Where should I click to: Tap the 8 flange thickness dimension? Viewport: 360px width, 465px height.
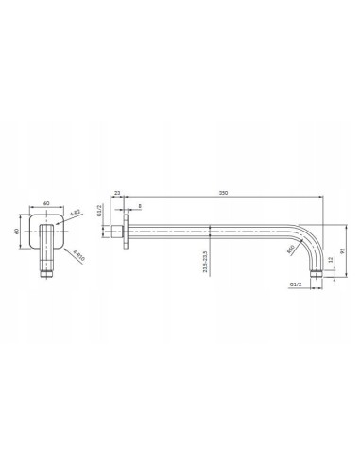click(x=141, y=206)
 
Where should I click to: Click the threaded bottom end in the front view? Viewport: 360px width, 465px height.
click(x=44, y=272)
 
